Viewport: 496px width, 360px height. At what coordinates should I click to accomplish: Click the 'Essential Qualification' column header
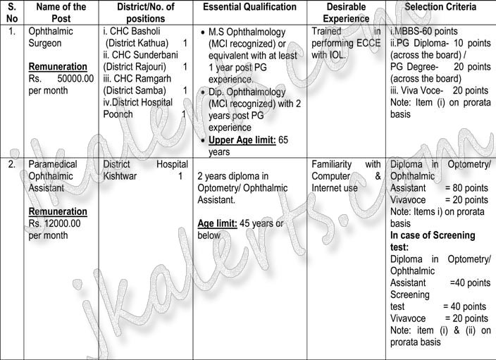(x=249, y=7)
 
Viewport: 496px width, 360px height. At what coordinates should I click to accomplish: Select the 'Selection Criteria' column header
(x=440, y=7)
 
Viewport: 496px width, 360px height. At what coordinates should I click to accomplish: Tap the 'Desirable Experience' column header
(x=347, y=13)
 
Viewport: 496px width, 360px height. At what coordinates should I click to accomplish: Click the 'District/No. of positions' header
(x=145, y=13)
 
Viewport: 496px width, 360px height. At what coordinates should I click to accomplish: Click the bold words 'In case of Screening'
(x=433, y=235)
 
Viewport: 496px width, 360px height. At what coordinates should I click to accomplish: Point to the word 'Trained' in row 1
(x=326, y=32)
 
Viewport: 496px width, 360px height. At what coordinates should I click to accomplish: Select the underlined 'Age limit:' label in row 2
(x=219, y=223)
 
